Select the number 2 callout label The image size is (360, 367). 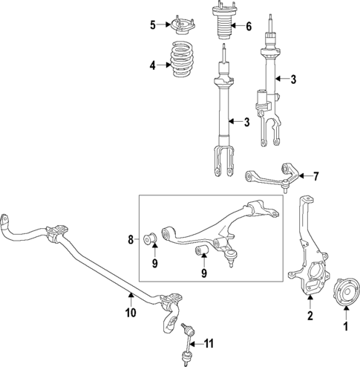310,316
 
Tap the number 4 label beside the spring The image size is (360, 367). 152,65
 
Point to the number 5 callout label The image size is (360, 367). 152,25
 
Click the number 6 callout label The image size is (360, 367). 248,27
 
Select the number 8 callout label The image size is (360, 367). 131,239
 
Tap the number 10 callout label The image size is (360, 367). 131,313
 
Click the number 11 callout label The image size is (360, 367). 209,342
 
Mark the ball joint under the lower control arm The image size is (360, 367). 233,258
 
